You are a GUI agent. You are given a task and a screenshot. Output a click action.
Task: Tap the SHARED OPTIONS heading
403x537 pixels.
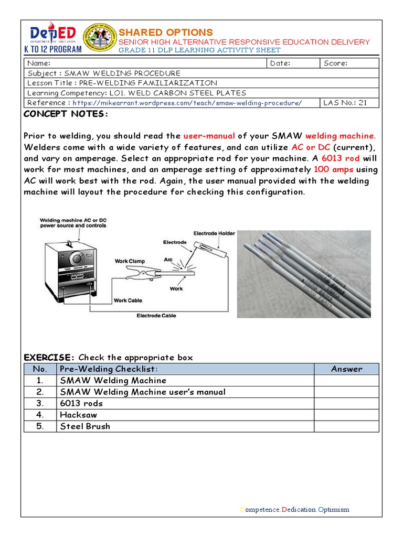click(x=165, y=32)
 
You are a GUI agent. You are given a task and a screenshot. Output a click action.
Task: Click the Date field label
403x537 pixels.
click(x=280, y=63)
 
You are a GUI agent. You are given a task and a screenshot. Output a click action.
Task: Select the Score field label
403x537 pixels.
click(x=336, y=63)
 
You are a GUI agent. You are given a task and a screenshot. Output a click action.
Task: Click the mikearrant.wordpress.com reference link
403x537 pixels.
click(x=187, y=103)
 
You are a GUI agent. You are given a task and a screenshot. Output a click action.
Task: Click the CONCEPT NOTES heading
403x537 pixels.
click(x=66, y=114)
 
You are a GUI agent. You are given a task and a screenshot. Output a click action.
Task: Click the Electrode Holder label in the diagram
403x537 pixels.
click(x=214, y=233)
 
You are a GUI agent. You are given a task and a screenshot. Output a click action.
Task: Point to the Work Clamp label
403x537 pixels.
click(x=130, y=261)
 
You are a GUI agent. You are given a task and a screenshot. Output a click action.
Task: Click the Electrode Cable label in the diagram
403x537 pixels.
click(x=156, y=316)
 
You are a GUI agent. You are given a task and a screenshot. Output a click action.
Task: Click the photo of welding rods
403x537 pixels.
click(x=304, y=274)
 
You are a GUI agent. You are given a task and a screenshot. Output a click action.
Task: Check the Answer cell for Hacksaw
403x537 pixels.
click(x=346, y=415)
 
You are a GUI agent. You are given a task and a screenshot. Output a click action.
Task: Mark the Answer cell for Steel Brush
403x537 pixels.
click(x=346, y=426)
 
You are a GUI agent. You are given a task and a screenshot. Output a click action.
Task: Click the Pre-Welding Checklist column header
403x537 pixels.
click(x=109, y=369)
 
